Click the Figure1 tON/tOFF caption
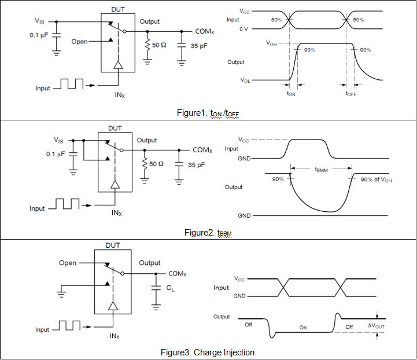click(208, 113)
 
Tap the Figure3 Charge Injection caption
click(208, 352)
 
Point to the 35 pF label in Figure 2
click(197, 165)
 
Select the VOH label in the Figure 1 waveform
click(272, 43)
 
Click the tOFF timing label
click(351, 93)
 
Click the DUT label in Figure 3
click(113, 245)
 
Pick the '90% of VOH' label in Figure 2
click(376, 179)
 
